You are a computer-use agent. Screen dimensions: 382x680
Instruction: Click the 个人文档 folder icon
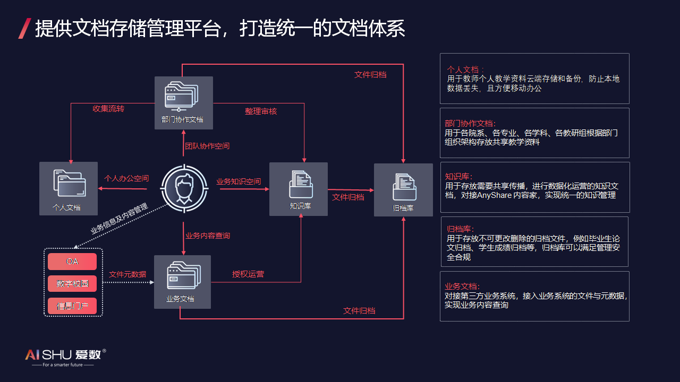coord(69,183)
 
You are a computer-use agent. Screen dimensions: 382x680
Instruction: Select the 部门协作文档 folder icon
coord(183,97)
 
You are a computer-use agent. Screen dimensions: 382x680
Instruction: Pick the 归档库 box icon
coord(404,187)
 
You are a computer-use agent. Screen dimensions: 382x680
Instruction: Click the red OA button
coord(72,262)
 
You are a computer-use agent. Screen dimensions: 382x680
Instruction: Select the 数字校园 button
coord(72,284)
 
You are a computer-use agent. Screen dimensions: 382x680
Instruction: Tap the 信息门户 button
coord(72,306)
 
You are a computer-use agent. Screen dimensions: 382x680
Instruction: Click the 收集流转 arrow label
coord(108,109)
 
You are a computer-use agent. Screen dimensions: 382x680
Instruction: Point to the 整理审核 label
coord(261,111)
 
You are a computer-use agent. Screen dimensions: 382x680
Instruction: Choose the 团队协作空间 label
coord(207,146)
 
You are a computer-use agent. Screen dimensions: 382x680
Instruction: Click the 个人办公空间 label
coord(126,179)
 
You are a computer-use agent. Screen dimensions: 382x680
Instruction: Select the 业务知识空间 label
coord(239,181)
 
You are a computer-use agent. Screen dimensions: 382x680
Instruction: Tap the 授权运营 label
coord(248,274)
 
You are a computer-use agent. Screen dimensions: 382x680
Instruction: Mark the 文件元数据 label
coord(127,274)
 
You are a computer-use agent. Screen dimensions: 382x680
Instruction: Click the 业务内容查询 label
coord(208,236)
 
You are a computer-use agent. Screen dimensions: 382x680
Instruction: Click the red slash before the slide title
coord(24,28)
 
